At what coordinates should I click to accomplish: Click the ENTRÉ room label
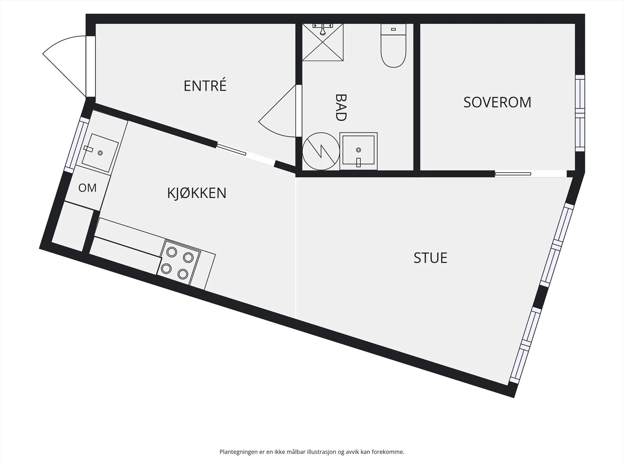point(205,85)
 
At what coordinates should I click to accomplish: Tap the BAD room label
point(341,108)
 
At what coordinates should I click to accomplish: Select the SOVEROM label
point(497,102)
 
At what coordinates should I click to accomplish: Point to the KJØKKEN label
point(197,193)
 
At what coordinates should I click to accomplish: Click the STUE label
point(431,258)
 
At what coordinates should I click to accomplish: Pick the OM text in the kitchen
point(87,188)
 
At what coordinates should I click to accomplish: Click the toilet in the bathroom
point(394,46)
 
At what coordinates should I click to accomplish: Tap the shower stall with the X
point(323,43)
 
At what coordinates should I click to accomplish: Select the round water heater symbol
point(321,151)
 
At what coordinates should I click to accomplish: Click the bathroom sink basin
point(358,151)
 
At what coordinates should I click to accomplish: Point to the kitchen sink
point(100,153)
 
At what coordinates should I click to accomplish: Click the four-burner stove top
point(179,262)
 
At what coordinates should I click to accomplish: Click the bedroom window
point(580,113)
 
